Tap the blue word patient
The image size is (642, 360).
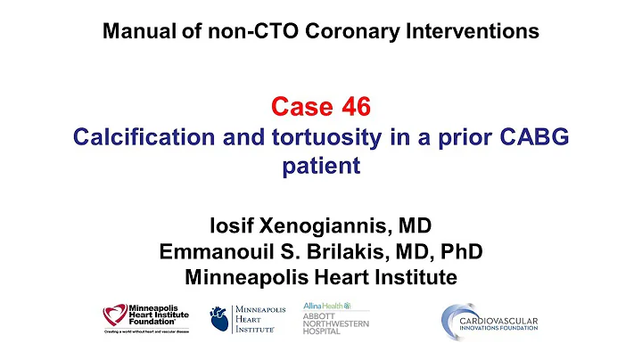click(321, 168)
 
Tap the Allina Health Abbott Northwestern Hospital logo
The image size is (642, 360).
click(335, 316)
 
